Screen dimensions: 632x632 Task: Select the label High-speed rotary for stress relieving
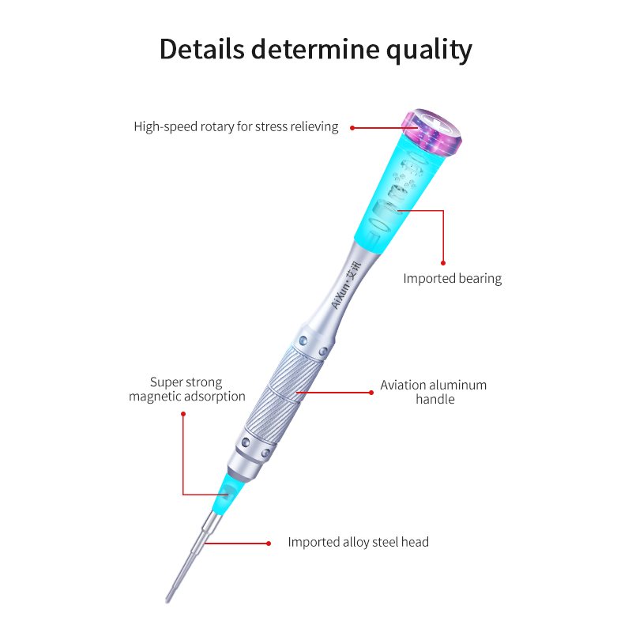click(235, 126)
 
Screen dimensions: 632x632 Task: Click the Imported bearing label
click(452, 278)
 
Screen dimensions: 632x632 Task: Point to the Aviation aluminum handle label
click(433, 392)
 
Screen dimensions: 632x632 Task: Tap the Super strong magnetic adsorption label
click(187, 389)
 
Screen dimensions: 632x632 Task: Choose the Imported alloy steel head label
click(358, 542)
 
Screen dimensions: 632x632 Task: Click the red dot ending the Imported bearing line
click(443, 262)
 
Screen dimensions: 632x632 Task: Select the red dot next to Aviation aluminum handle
click(371, 391)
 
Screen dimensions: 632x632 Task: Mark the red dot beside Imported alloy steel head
click(269, 543)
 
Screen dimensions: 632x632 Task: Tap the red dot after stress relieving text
click(352, 127)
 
